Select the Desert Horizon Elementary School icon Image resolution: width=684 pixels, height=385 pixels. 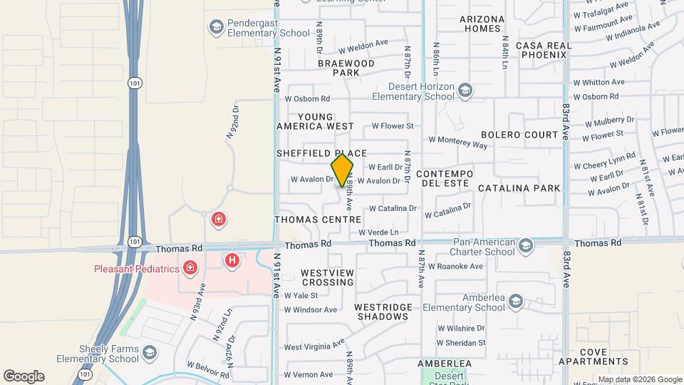[465, 90]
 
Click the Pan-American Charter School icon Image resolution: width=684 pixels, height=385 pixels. [526, 245]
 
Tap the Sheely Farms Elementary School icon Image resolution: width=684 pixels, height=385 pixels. [150, 352]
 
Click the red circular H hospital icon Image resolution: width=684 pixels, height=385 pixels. [232, 261]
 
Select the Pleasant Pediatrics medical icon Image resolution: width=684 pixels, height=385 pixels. [190, 268]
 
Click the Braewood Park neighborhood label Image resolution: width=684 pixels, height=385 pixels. [346, 68]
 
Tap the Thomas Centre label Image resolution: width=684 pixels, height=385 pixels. [318, 220]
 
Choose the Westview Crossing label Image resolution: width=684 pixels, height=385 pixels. [327, 277]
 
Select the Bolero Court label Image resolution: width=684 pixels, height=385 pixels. [519, 135]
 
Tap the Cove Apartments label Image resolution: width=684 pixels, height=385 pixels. [603, 357]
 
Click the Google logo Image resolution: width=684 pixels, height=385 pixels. [24, 376]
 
